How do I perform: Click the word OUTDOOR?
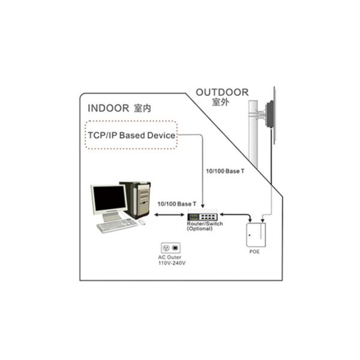[222, 92]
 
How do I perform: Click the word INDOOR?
[108, 109]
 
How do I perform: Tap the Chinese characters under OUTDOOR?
[221, 102]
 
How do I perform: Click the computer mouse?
[142, 222]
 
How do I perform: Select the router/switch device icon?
[203, 217]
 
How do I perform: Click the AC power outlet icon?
[170, 247]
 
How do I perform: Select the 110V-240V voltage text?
[172, 263]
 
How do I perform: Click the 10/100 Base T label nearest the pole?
[225, 172]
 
